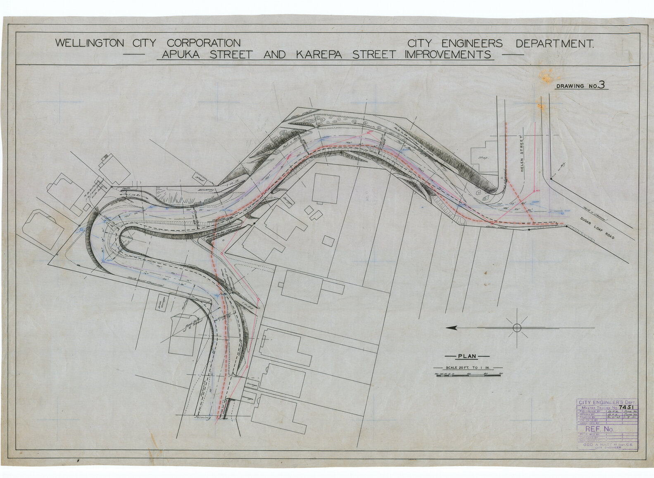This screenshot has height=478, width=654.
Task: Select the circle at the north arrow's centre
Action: [x=516, y=328]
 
